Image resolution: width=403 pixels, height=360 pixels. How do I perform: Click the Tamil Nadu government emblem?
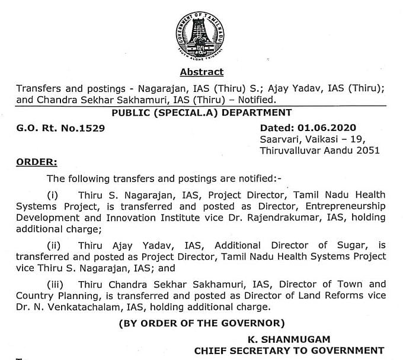[x=201, y=34]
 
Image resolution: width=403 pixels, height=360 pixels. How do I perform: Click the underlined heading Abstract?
[x=201, y=72]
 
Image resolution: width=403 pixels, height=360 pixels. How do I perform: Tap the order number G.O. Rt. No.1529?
[x=55, y=128]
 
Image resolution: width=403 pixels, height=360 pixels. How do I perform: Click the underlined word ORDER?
[x=37, y=162]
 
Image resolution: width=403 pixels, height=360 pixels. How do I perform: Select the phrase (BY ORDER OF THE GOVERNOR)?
[x=201, y=324]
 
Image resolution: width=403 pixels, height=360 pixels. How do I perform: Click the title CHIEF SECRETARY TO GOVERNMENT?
[x=289, y=350]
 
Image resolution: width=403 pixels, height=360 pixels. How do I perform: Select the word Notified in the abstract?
[x=255, y=100]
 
